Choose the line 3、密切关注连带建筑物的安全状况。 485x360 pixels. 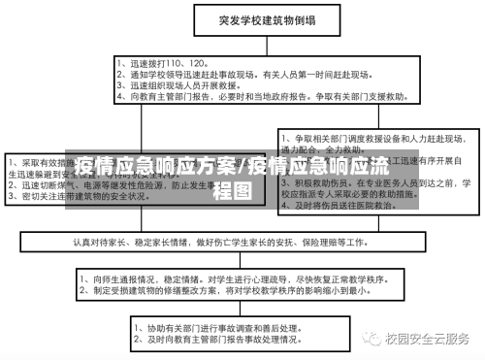(x=86, y=195)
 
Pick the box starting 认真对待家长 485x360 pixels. (x=242, y=240)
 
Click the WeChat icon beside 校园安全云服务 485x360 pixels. (x=372, y=339)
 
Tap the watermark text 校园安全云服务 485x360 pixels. (x=427, y=339)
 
